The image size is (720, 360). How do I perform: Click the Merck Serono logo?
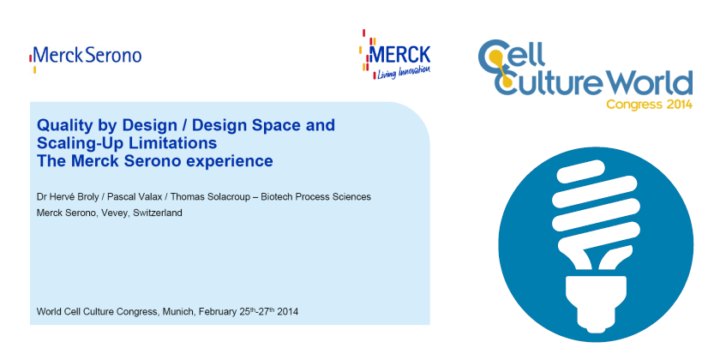86,58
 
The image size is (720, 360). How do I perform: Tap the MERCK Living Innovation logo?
396,54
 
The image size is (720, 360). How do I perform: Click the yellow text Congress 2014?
649,105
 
